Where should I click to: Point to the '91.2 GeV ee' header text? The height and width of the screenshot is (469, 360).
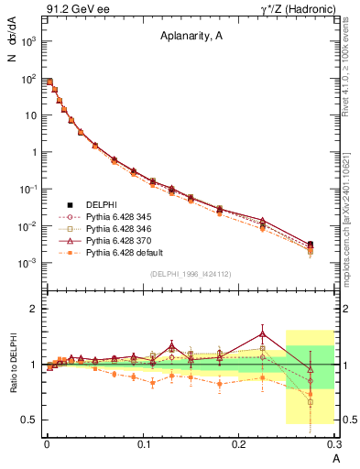pos(72,10)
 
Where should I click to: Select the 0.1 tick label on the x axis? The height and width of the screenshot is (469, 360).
pos(143,443)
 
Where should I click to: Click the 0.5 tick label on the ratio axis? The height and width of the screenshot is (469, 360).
pos(30,420)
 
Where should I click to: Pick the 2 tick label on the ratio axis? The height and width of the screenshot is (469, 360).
pos(35,309)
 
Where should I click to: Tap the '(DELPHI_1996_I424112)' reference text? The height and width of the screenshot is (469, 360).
pos(189,274)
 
